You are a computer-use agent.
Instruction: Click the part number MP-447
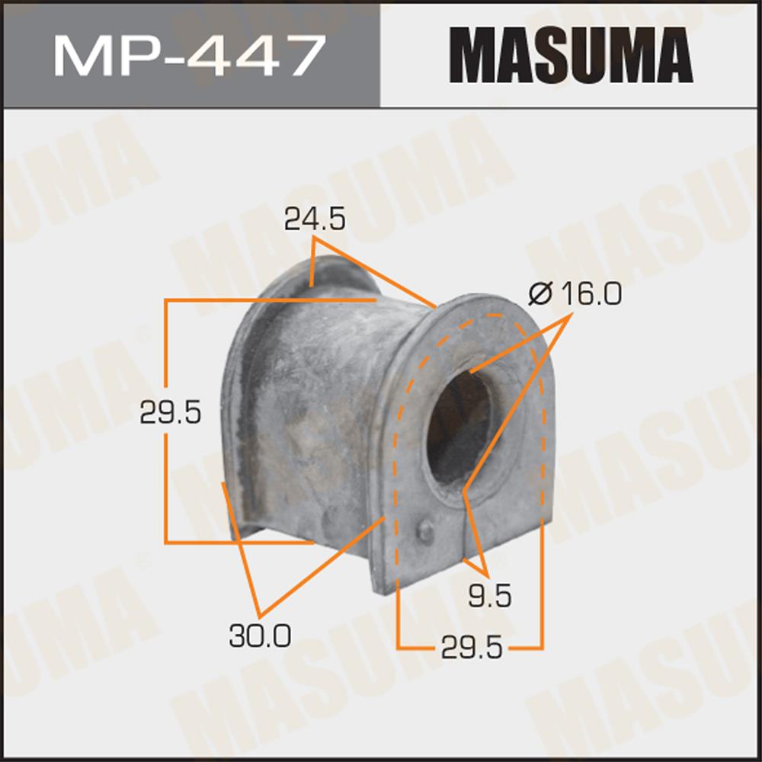(190, 55)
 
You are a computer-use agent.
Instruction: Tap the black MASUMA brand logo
(571, 55)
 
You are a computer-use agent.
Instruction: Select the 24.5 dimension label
(315, 219)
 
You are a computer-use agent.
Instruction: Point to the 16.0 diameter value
(591, 294)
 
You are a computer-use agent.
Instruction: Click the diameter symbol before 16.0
(541, 294)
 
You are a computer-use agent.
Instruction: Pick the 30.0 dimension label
(260, 636)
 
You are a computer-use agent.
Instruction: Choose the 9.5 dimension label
(490, 596)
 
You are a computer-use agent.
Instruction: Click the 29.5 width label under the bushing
(472, 647)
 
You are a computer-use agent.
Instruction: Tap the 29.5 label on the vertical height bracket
(170, 412)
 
